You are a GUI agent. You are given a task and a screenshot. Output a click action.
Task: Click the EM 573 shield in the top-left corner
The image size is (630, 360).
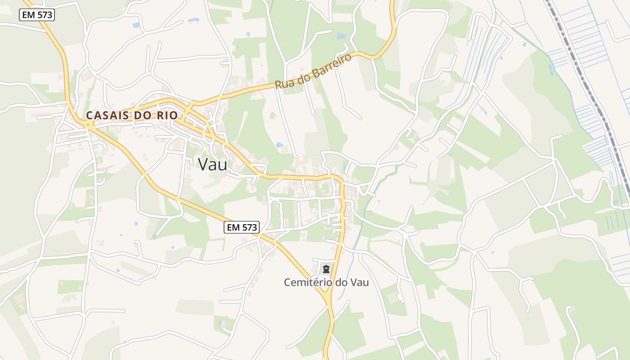pos(37,15)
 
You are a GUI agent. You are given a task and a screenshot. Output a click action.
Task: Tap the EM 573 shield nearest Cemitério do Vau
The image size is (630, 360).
pos(242,227)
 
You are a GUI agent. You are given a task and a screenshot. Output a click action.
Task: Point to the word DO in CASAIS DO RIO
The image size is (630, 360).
pos(144,115)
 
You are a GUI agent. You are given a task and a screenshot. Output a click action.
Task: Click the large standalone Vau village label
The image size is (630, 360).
pos(212,164)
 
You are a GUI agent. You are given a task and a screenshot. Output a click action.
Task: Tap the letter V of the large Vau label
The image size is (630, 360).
pos(203,164)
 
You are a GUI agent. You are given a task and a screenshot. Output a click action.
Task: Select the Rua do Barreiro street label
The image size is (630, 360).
pos(313,72)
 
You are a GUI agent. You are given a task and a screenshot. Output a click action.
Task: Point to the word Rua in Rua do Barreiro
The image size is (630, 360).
pos(284,83)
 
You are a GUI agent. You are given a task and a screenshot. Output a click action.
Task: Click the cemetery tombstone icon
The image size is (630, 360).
pos(326,269)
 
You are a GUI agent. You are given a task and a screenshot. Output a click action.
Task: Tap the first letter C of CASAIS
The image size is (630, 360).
pos(89,115)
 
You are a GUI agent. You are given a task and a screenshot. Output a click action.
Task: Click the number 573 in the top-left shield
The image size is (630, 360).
pos(45,15)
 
